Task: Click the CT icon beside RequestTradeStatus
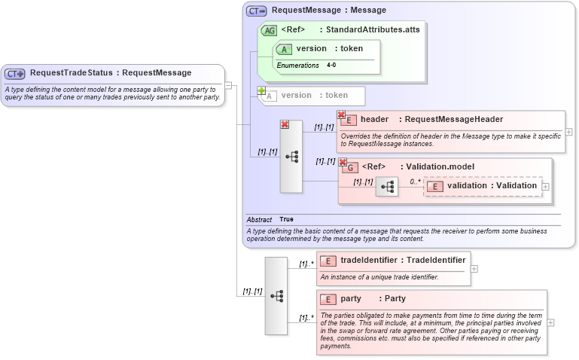pos(15,74)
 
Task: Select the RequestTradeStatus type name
pos(72,73)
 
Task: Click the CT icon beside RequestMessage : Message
pos(257,11)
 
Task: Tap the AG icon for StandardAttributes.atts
pos(269,30)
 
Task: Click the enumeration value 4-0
pos(331,66)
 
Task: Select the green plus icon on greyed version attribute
pos(262,91)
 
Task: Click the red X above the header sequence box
pos(285,124)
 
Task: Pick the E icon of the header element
pos(349,120)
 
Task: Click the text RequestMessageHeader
pos(453,119)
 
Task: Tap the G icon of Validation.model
pos(349,167)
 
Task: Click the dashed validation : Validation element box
pos(483,186)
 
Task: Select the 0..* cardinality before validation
pos(416,182)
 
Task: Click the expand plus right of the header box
pos(568,132)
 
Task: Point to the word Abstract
pos(259,219)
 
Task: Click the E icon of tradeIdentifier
pos(328,261)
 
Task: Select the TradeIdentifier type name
pos(436,260)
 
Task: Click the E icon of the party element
pos(328,299)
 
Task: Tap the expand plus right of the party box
pos(551,322)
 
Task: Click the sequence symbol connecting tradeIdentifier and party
pos(276,296)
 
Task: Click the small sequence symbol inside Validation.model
pos(386,186)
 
